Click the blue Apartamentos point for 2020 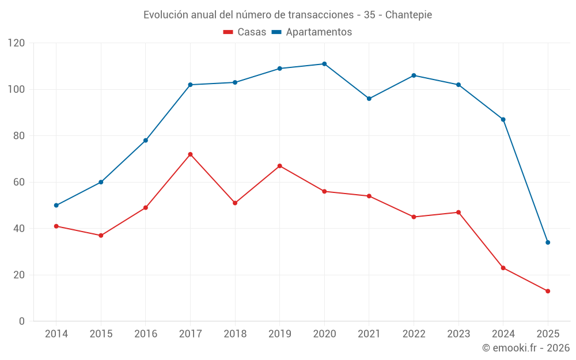pyautogui.click(x=324, y=64)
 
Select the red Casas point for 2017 pyautogui.click(x=190, y=154)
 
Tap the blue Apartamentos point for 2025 pyautogui.click(x=548, y=242)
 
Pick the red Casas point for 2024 pyautogui.click(x=503, y=268)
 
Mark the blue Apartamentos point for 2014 pyautogui.click(x=56, y=206)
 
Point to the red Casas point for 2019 pyautogui.click(x=279, y=166)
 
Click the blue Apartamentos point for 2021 pyautogui.click(x=369, y=98)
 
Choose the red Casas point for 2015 pyautogui.click(x=101, y=236)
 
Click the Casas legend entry pyautogui.click(x=245, y=32)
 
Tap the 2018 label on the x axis pyautogui.click(x=235, y=334)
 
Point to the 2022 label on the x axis pyautogui.click(x=414, y=334)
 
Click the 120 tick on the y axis pyautogui.click(x=17, y=43)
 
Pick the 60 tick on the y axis pyautogui.click(x=20, y=182)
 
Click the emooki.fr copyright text pyautogui.click(x=526, y=348)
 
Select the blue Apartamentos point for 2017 pyautogui.click(x=190, y=85)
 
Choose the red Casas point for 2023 pyautogui.click(x=458, y=213)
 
